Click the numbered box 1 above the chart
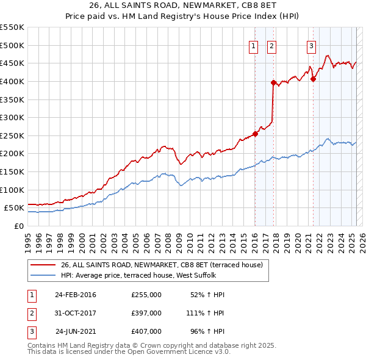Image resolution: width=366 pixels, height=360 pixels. click(x=253, y=45)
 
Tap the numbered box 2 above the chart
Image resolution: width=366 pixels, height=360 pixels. click(x=271, y=45)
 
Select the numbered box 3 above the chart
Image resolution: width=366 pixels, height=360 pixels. click(x=311, y=45)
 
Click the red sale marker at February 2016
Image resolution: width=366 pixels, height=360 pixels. click(x=255, y=134)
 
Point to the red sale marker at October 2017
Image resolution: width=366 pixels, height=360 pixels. click(x=274, y=82)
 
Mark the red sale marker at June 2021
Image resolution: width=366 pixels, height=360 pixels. click(x=313, y=79)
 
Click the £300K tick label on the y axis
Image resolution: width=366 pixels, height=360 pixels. click(x=12, y=117)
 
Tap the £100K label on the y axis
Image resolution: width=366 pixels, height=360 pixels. click(x=12, y=190)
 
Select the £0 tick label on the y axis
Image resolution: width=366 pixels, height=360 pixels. click(x=18, y=226)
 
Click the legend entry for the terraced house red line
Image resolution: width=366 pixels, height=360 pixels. click(x=162, y=265)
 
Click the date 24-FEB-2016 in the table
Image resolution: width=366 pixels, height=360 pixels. click(x=76, y=295)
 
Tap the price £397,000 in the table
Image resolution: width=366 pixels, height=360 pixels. click(x=146, y=313)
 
